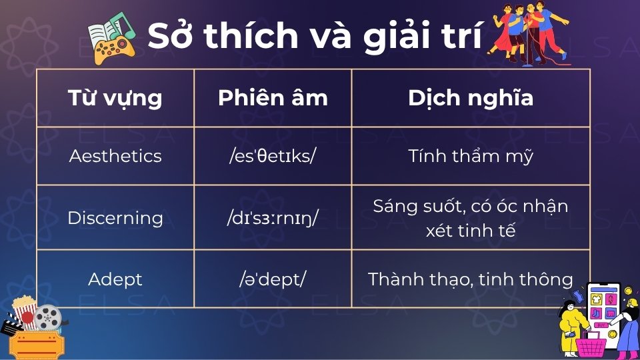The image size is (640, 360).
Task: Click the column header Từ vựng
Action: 115,98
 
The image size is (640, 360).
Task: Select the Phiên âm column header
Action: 273,98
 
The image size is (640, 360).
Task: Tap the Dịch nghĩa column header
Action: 471,98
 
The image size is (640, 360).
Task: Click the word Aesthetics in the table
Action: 115,156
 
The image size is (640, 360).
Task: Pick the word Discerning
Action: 115,218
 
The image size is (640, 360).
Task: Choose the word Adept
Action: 115,279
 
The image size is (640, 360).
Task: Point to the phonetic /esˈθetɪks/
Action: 273,156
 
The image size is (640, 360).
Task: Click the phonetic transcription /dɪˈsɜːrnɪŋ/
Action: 273,218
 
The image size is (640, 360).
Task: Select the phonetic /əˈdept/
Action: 273,279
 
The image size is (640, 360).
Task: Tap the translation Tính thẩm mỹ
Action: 471,156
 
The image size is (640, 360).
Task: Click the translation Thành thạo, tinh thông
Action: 471,279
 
